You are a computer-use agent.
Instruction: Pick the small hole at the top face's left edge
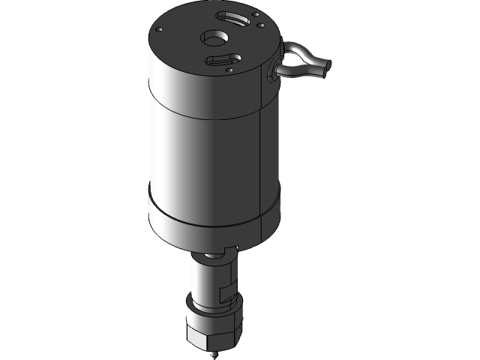tap(159, 29)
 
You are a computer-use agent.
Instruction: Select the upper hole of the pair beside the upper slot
tap(255, 15)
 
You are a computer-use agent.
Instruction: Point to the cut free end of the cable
tap(325, 70)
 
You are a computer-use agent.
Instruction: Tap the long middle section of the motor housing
tap(202, 157)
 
